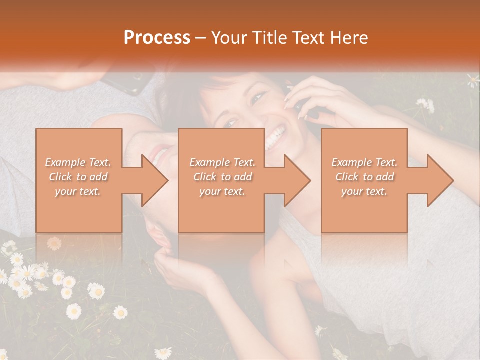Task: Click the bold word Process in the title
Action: (x=157, y=38)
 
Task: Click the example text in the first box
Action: (x=78, y=177)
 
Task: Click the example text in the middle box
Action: (x=222, y=177)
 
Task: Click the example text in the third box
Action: (x=364, y=177)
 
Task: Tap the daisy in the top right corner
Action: (x=473, y=79)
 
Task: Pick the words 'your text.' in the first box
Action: (x=78, y=191)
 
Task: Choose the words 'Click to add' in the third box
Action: (x=364, y=177)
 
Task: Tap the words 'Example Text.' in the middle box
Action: (x=222, y=162)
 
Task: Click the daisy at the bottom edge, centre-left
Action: (x=163, y=353)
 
